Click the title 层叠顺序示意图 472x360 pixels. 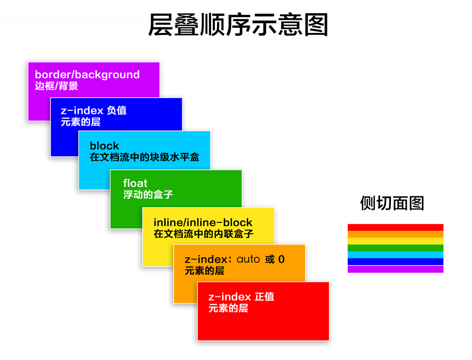click(238, 25)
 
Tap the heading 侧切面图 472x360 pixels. click(392, 203)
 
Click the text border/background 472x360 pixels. click(87, 75)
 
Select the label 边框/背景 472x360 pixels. click(56, 86)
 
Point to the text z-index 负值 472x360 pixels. click(93, 111)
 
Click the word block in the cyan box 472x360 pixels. click(104, 146)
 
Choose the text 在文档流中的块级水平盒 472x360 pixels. click(144, 157)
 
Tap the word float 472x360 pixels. click(135, 183)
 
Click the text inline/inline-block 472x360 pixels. click(203, 222)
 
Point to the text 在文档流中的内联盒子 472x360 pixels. click(203, 234)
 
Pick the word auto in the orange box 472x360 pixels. click(248, 259)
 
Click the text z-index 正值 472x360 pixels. click(241, 297)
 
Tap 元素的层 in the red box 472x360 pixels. click(228, 309)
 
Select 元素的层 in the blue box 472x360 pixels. click(81, 122)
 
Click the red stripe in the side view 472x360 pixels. click(395, 227)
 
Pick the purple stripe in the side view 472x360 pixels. click(395, 269)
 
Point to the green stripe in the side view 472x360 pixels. click(395, 248)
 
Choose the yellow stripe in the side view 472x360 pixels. click(395, 241)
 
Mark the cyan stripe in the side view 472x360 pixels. click(395, 255)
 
